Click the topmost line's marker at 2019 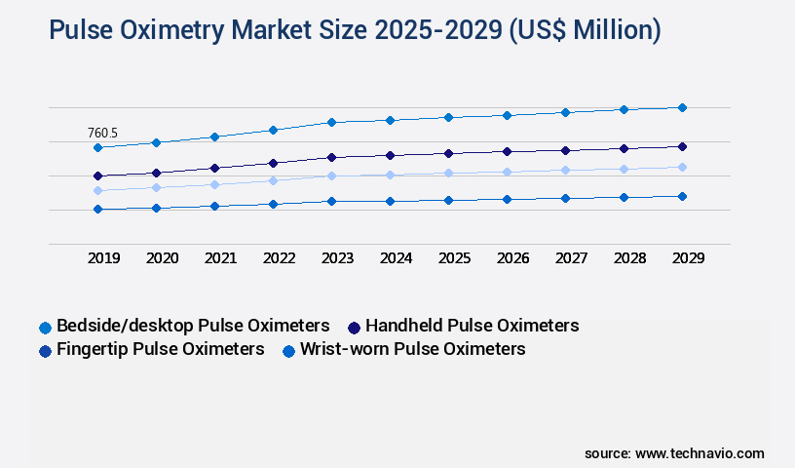tap(97, 147)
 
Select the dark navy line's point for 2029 tap(682, 146)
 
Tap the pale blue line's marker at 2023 tap(331, 175)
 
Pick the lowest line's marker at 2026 tap(507, 199)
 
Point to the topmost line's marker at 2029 tap(682, 107)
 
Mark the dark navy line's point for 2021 tap(214, 168)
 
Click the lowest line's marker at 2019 tap(97, 209)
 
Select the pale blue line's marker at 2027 tap(565, 170)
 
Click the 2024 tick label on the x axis tap(396, 258)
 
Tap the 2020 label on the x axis tap(162, 258)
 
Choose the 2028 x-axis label tap(629, 258)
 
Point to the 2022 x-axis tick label tap(279, 258)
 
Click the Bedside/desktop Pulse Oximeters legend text tap(193, 326)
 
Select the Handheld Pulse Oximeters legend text tap(472, 326)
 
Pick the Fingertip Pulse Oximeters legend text tap(161, 349)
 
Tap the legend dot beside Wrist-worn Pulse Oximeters tap(288, 350)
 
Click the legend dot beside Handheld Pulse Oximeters tap(355, 327)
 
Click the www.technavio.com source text tap(700, 453)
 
